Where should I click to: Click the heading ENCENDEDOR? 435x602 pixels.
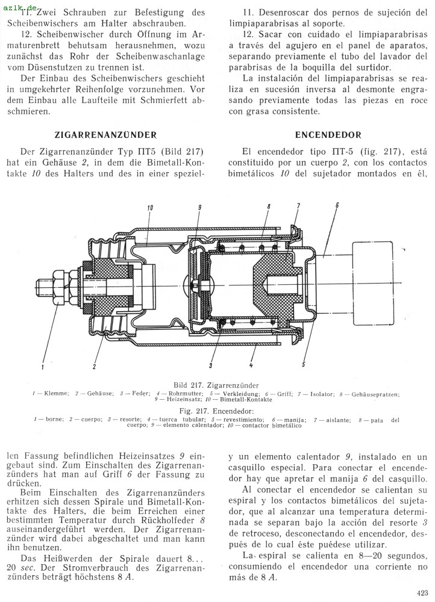(328, 134)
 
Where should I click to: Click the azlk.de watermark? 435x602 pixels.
(20, 5)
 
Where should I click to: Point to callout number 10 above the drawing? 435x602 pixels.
(149, 207)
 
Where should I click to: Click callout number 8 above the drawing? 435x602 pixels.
(268, 206)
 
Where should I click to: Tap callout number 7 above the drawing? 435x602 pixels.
(297, 206)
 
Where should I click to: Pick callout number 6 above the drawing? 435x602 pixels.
(336, 206)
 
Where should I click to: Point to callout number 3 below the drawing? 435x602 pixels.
(210, 365)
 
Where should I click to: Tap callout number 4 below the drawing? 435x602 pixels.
(251, 365)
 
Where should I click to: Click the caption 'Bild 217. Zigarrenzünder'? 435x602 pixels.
(216, 384)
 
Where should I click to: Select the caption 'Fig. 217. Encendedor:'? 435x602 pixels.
(216, 410)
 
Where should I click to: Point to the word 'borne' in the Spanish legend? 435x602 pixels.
(54, 419)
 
